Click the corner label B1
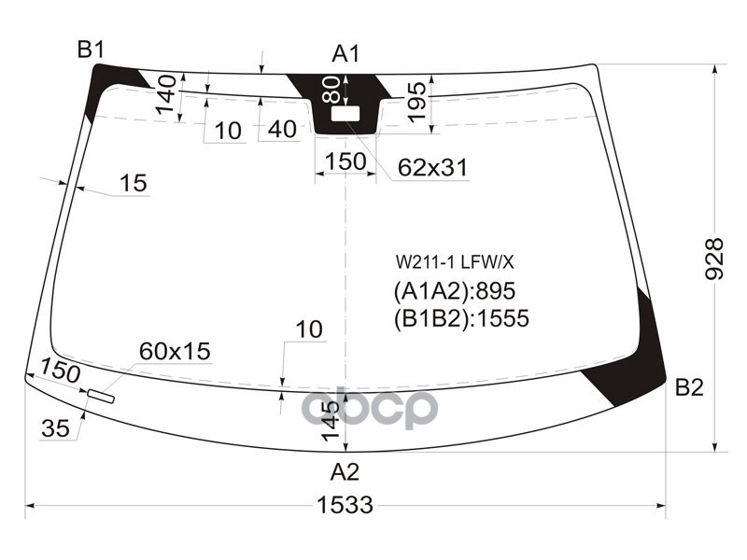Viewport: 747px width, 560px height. [91, 50]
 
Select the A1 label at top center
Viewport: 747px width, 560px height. [345, 54]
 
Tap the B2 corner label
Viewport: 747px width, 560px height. [689, 388]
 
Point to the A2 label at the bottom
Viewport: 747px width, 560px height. [345, 470]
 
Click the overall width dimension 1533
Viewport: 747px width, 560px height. [345, 506]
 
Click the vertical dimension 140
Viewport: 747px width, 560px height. [166, 96]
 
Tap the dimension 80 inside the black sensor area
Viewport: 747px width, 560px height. [331, 90]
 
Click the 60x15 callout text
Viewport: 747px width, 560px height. [175, 351]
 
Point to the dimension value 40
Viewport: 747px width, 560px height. [282, 130]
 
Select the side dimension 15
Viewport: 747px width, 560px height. [134, 183]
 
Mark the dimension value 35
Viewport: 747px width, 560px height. [55, 428]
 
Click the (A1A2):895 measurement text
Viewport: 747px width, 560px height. [454, 290]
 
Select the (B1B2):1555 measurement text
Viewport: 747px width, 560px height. [461, 319]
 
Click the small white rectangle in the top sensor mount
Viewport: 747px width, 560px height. [346, 113]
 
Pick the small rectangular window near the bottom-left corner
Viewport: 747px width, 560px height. [100, 397]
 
